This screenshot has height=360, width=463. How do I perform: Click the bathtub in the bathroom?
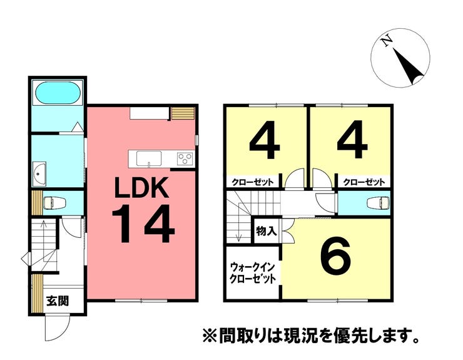pyautogui.click(x=56, y=95)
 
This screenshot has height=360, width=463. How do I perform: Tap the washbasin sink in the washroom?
pyautogui.click(x=38, y=173)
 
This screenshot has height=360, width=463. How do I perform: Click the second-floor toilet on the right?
pyautogui.click(x=379, y=202)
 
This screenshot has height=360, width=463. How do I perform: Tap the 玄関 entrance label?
pyautogui.click(x=57, y=301)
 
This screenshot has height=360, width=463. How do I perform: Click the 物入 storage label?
pyautogui.click(x=266, y=231)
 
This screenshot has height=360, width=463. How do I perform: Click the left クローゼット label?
pyautogui.click(x=253, y=182)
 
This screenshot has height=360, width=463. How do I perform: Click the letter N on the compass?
pyautogui.click(x=388, y=42)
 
